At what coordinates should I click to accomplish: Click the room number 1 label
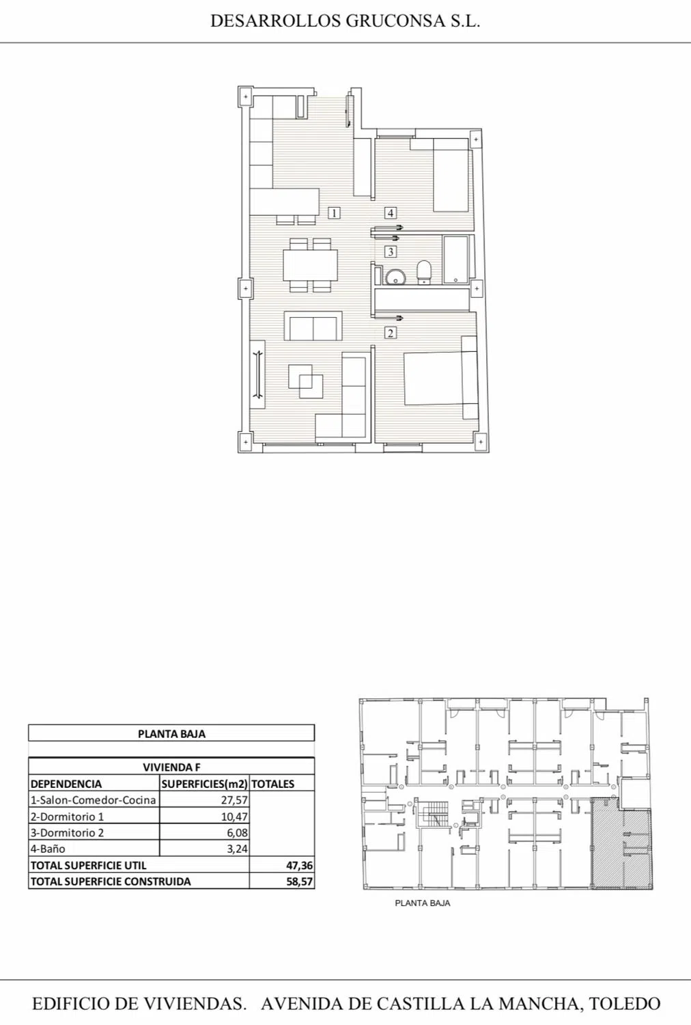tap(335, 213)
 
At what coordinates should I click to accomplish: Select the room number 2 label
tap(390, 333)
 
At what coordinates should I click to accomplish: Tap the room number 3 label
tap(390, 251)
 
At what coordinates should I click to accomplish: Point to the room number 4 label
tap(390, 213)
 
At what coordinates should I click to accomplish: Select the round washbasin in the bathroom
tap(395, 277)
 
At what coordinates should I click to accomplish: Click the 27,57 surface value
tap(234, 800)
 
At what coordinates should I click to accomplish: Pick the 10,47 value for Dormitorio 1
tap(234, 817)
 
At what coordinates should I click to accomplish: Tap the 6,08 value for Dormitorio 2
tap(238, 833)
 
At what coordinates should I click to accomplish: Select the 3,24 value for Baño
tap(238, 849)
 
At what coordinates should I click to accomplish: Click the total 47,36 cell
tap(300, 866)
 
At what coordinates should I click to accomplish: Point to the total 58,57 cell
tap(300, 881)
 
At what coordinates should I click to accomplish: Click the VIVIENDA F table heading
tap(171, 767)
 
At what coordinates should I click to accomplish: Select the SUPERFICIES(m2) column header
tap(204, 784)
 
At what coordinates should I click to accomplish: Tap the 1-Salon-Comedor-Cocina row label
tap(94, 800)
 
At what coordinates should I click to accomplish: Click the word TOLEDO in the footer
tap(625, 1004)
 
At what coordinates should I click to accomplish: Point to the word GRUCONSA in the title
tap(395, 21)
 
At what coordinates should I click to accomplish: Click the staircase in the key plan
tap(432, 815)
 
